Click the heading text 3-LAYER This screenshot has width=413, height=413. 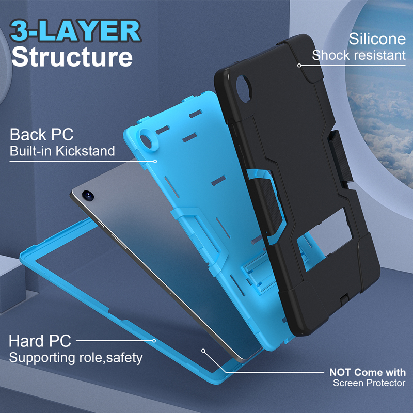(x=75, y=31)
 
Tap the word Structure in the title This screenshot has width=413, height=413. (x=72, y=57)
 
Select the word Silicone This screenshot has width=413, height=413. (x=377, y=39)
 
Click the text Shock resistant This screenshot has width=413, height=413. (x=358, y=55)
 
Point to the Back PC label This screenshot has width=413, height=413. (x=42, y=134)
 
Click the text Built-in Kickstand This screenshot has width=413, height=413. (x=62, y=151)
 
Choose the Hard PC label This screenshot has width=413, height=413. (x=40, y=341)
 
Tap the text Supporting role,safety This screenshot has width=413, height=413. (x=75, y=358)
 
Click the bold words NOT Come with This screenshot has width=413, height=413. (x=368, y=372)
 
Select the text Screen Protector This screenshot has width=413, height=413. (x=369, y=383)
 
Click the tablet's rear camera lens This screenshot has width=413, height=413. (x=88, y=196)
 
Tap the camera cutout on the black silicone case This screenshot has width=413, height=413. (x=243, y=88)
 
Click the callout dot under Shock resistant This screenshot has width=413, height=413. (x=299, y=66)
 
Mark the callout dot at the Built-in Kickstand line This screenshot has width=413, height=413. (x=155, y=161)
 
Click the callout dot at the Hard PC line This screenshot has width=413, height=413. (x=154, y=341)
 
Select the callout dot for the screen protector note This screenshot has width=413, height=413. (x=203, y=351)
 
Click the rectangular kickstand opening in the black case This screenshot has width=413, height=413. (x=325, y=239)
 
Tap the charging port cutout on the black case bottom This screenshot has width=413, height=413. (x=344, y=300)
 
